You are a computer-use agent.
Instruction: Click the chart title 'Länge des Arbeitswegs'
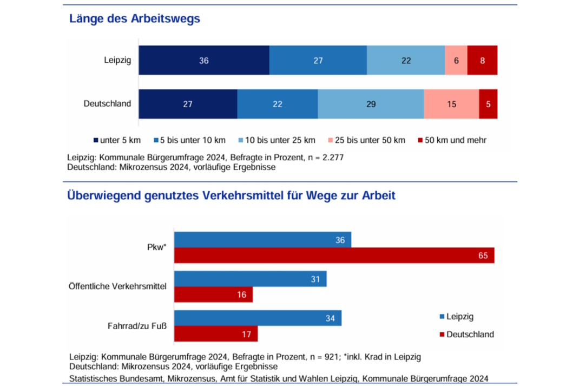click(x=134, y=19)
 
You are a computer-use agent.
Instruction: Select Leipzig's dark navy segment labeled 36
click(x=204, y=60)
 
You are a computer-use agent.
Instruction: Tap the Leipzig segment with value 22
click(x=406, y=60)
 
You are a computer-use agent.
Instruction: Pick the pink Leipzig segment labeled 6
click(x=456, y=60)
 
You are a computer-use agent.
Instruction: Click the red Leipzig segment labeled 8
click(x=482, y=60)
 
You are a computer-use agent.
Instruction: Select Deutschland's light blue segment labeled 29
click(x=371, y=104)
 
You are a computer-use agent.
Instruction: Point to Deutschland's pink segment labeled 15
click(x=451, y=104)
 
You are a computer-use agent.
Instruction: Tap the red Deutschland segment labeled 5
click(x=488, y=104)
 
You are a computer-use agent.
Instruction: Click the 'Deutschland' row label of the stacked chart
click(x=107, y=103)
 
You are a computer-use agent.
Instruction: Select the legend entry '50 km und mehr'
click(x=455, y=140)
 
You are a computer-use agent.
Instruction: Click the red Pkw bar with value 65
click(x=334, y=256)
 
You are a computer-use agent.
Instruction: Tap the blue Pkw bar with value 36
click(x=262, y=239)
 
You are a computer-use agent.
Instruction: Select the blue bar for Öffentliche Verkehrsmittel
click(x=250, y=279)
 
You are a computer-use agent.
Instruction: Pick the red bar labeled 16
click(x=213, y=295)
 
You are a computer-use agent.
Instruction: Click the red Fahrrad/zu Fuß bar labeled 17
click(x=215, y=334)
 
